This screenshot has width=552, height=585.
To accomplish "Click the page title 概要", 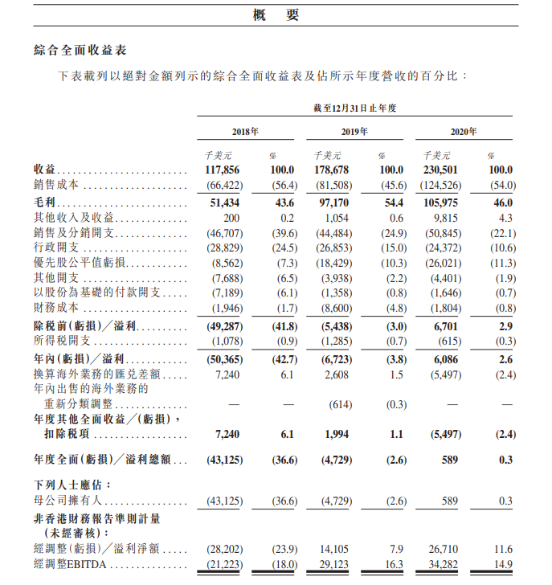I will [x=276, y=14].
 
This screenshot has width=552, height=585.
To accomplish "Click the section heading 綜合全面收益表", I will [x=80, y=50].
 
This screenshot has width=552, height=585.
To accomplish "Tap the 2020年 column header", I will [x=463, y=131].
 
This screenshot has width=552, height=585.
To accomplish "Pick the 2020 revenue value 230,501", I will [x=440, y=170].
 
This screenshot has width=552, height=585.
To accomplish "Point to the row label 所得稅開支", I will [x=63, y=342].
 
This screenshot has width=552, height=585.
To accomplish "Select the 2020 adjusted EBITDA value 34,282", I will [x=442, y=565].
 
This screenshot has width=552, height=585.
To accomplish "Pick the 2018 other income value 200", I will [x=232, y=218].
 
